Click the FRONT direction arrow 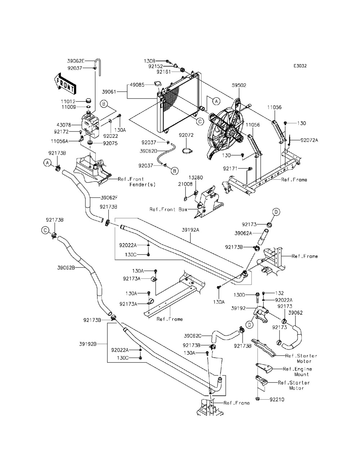pos(64,84)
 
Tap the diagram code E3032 pos(300,66)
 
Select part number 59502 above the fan pos(239,85)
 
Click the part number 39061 pos(109,92)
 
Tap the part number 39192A pos(190,230)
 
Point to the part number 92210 pos(277,399)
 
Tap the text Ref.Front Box pos(168,209)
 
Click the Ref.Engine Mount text pos(297,372)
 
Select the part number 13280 pos(196,178)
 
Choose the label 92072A pos(309,140)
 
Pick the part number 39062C pos(193,336)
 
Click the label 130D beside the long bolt pos(239,295)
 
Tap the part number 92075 pos(110,143)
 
